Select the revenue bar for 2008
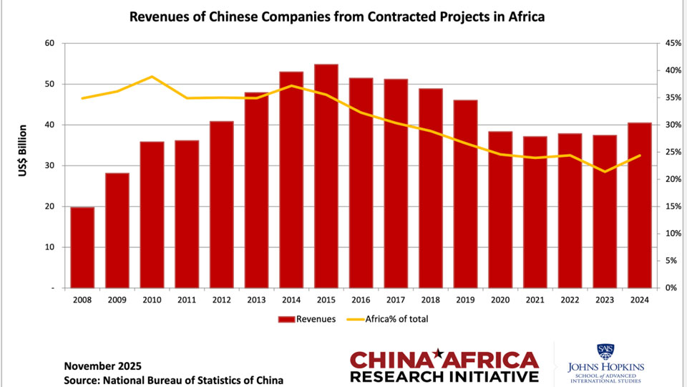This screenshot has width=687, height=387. tap(82, 247)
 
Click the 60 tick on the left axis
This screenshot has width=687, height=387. tap(49, 43)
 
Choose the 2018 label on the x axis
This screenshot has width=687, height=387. tap(430, 301)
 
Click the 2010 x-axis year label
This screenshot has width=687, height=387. tap(152, 301)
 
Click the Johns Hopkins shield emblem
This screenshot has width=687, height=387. tap(605, 352)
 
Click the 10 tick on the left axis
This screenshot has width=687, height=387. tap(49, 247)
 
